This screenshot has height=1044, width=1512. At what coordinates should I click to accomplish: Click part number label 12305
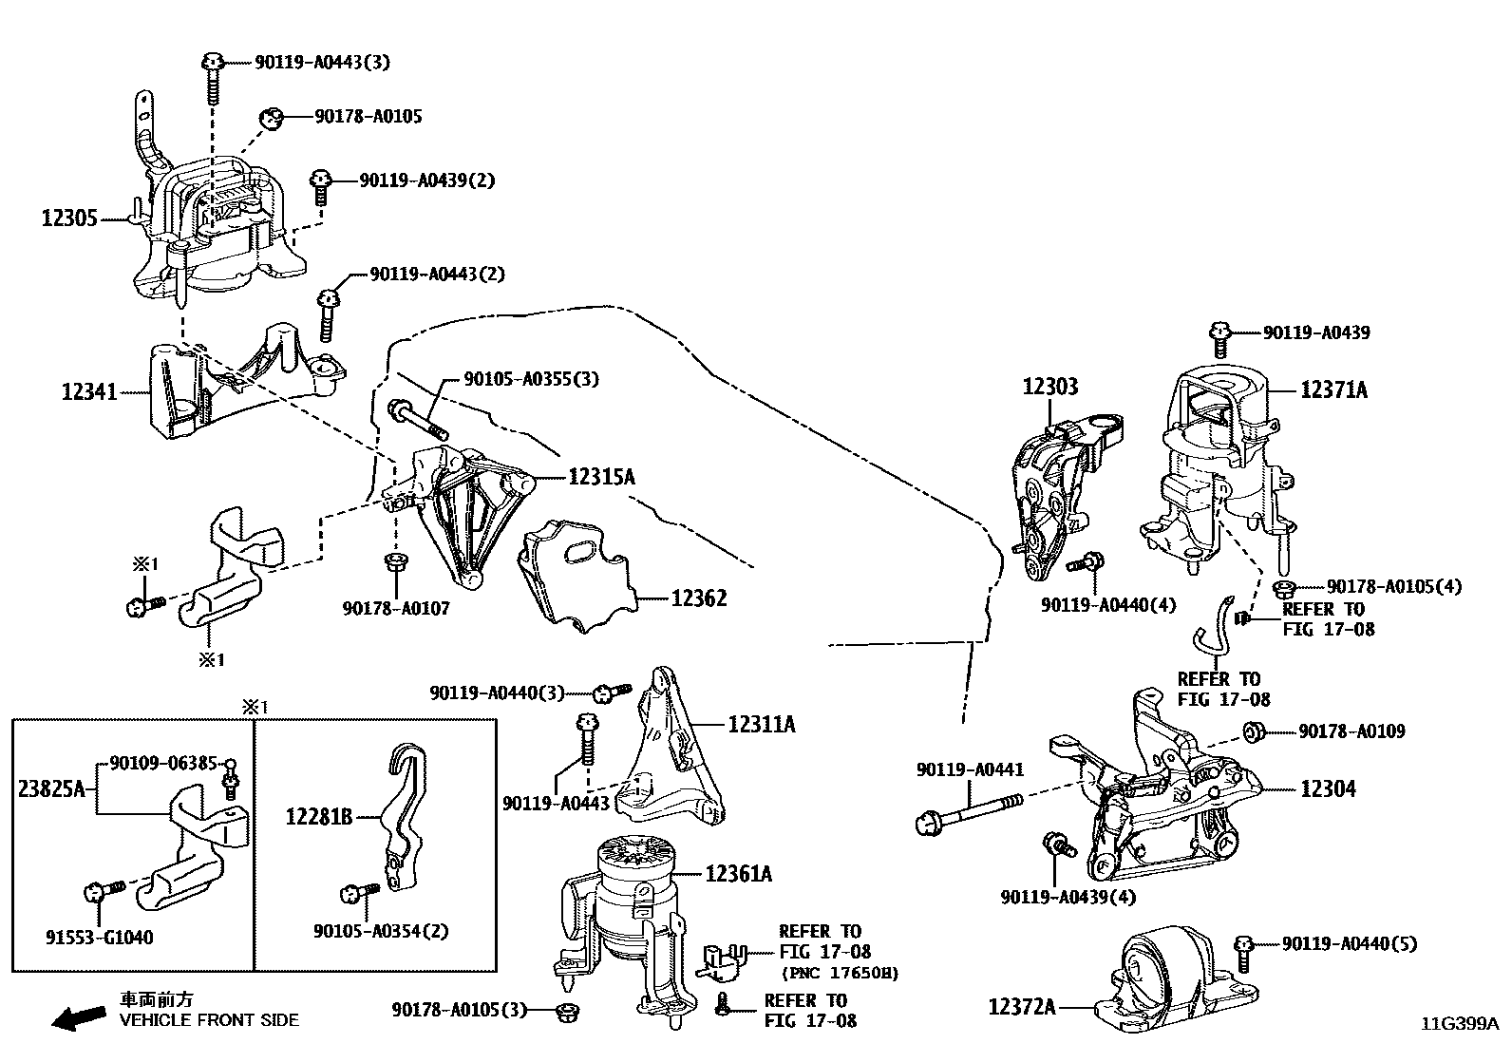coord(69,218)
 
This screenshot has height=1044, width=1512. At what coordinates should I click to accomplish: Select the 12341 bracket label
coord(89,390)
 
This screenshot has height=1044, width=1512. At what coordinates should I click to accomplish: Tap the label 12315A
coord(601,477)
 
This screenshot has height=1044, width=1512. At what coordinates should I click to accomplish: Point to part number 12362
coord(699,598)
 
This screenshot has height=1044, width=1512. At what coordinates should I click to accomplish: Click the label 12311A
coord(762,725)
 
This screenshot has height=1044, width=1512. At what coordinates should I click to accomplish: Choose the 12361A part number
coord(738,874)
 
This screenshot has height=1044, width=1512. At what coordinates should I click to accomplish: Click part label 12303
coord(1050,387)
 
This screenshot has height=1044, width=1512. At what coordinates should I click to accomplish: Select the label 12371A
coord(1334,389)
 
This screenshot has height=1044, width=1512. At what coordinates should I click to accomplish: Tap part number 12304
coord(1328,788)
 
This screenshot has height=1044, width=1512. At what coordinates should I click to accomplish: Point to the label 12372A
coord(1021,1006)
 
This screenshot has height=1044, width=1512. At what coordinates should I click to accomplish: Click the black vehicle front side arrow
coord(79,1019)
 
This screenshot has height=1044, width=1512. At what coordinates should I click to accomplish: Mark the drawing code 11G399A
coord(1460,1024)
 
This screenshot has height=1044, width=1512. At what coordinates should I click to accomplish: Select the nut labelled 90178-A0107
coord(395,562)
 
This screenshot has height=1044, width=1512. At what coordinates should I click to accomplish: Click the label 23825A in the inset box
coord(52,788)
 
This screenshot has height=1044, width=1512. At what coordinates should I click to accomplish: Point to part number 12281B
coord(319,816)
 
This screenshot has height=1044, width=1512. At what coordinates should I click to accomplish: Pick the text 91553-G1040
coord(100,938)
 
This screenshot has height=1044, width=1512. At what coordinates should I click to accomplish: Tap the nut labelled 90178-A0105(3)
coord(566,1010)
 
